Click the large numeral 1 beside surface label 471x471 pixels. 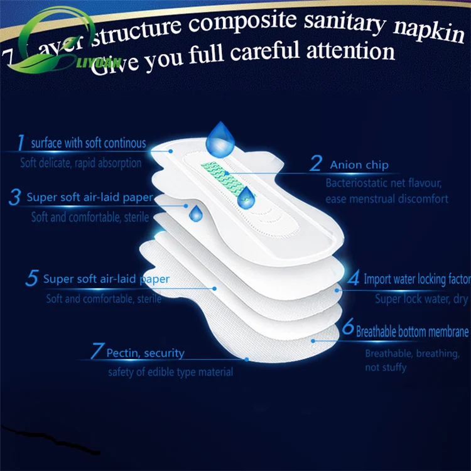21,143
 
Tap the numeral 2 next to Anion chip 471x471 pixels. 316,165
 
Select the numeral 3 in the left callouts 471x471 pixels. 14,197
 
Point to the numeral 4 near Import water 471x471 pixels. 354,278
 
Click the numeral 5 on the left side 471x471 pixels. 31,279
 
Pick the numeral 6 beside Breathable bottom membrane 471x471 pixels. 348,328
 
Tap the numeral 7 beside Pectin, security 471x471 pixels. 96,352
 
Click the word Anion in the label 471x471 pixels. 346,165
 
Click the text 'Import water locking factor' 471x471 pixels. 417,279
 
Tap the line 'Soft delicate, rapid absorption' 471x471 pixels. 80,163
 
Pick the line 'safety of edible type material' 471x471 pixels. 170,372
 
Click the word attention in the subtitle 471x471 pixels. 349,52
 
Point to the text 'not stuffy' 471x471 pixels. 386,367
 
